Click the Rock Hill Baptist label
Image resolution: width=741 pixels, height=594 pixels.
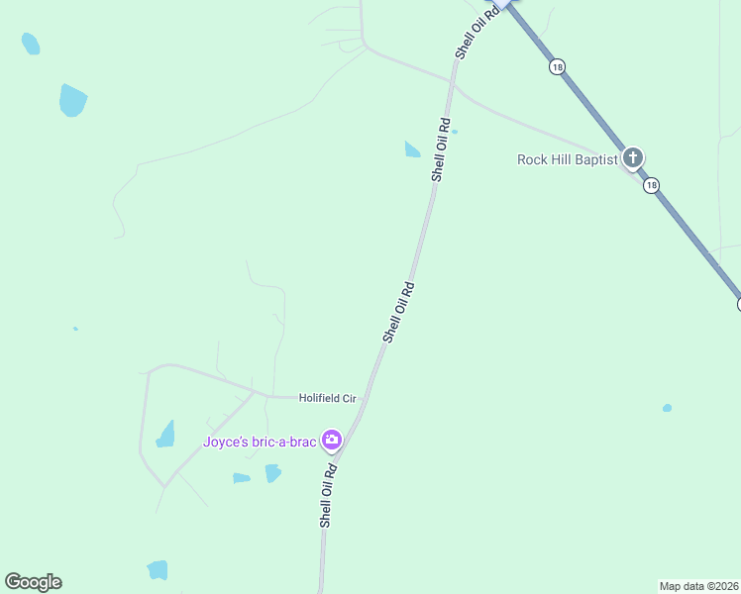click(x=567, y=159)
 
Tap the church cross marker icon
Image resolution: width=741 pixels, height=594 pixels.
click(x=632, y=158)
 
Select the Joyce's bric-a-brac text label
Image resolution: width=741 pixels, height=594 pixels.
click(x=260, y=443)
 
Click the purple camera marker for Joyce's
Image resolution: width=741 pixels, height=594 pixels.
click(x=332, y=440)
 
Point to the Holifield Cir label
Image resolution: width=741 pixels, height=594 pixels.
click(x=327, y=398)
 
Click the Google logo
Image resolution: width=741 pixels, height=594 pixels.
click(x=33, y=582)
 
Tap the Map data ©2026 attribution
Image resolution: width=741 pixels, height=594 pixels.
click(x=698, y=585)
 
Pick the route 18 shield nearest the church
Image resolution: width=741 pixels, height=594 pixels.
click(x=650, y=185)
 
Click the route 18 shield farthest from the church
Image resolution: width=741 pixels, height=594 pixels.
click(x=558, y=66)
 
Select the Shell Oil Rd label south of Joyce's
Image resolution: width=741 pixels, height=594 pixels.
click(x=327, y=495)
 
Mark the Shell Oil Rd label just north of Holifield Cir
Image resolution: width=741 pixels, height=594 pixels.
click(x=398, y=312)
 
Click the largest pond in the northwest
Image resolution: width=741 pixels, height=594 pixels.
click(x=72, y=100)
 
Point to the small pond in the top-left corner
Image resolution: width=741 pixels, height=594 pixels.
click(x=31, y=44)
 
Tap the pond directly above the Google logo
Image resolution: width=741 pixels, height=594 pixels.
click(x=158, y=569)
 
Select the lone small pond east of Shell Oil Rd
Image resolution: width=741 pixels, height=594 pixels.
click(x=667, y=408)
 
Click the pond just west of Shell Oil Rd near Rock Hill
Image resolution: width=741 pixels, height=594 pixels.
click(x=412, y=149)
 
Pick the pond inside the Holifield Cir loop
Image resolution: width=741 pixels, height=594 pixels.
click(x=165, y=435)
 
